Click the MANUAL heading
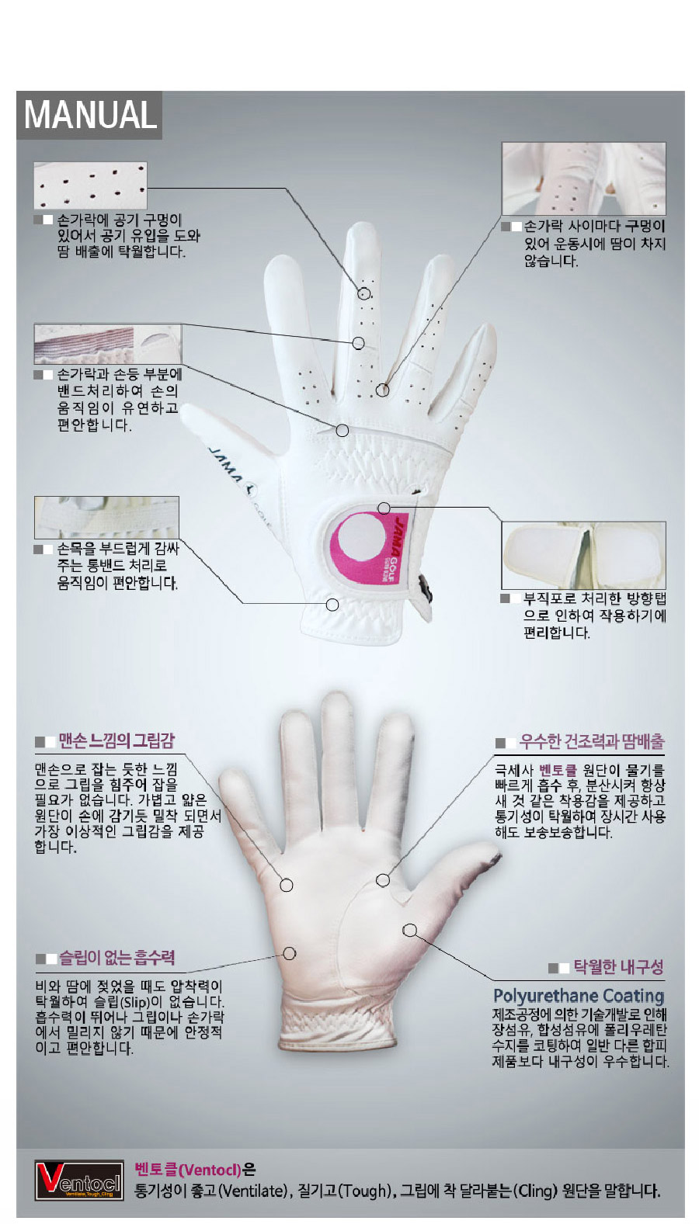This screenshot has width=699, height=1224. click(x=90, y=114)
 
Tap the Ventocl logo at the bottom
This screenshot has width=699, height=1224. click(x=78, y=1181)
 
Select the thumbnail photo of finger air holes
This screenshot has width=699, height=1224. click(x=90, y=186)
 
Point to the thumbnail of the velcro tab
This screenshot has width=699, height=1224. click(x=583, y=555)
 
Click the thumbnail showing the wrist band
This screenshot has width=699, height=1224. click(x=106, y=517)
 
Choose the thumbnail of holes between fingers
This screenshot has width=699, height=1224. click(x=583, y=179)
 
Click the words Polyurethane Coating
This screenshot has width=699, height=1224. click(x=579, y=995)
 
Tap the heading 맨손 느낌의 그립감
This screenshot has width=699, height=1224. click(x=116, y=740)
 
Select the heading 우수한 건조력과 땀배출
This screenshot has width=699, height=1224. click(x=592, y=741)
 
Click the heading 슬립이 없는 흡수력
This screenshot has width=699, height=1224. click(x=117, y=957)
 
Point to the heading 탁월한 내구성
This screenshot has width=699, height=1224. click(x=618, y=966)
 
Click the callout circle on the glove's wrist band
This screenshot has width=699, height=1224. click(x=332, y=605)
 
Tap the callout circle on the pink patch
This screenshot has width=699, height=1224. click(x=384, y=508)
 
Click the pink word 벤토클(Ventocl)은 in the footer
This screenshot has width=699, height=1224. click(x=195, y=1170)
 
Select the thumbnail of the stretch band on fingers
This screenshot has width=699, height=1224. click(x=108, y=345)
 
